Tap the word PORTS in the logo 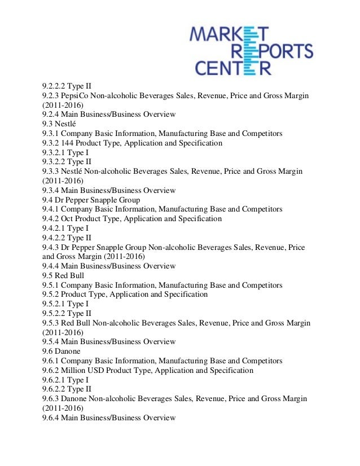click(x=284, y=52)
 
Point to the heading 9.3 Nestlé click(x=59, y=124)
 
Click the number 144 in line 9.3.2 click(x=69, y=143)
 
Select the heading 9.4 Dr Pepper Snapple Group click(x=91, y=200)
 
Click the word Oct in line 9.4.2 click(x=68, y=219)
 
